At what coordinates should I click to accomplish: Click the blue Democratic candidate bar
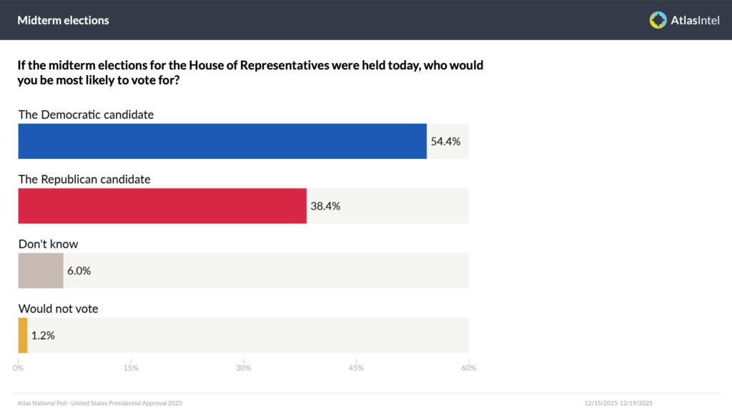point(222,141)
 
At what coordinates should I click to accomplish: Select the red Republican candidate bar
point(162,206)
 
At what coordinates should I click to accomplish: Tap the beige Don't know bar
point(41,271)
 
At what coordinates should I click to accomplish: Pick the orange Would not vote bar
point(23,336)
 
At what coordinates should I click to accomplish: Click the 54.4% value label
point(445,142)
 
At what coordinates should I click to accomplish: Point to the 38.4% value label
point(325,206)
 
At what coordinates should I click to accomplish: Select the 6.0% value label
point(79,271)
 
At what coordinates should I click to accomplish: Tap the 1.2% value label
point(43,336)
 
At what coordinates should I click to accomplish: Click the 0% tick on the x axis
point(18,368)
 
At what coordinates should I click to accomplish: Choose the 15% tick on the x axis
point(131,368)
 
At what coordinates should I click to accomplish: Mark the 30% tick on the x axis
point(243,368)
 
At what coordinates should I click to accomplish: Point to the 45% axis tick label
point(356,368)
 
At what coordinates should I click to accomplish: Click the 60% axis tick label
point(469,368)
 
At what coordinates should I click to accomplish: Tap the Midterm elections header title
point(63,20)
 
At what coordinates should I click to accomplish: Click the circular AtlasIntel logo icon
point(658,20)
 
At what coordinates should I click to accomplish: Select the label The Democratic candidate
point(86,115)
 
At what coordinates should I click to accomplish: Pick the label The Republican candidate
point(84,180)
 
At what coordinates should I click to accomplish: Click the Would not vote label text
point(59,308)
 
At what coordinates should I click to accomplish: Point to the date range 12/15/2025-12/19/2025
point(618,403)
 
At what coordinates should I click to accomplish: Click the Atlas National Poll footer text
point(99,403)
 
